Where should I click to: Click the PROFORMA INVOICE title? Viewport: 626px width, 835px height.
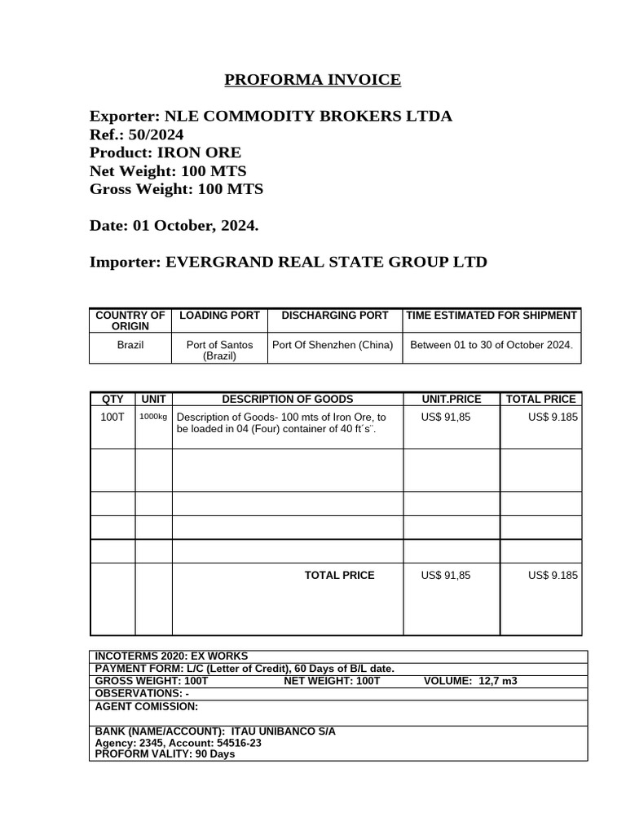click(312, 80)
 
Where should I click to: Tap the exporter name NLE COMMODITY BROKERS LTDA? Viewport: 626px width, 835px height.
click(308, 116)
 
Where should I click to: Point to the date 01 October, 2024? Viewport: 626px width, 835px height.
click(195, 226)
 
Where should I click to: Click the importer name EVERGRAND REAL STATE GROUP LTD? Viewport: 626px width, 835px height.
click(326, 262)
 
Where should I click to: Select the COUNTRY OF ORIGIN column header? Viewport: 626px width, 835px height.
click(130, 320)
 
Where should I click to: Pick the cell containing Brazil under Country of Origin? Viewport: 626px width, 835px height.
click(130, 345)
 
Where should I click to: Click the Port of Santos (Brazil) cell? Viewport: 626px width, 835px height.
click(219, 351)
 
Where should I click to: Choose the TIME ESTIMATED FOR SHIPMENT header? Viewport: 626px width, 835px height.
click(492, 315)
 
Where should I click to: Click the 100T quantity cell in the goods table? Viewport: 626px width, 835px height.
click(112, 417)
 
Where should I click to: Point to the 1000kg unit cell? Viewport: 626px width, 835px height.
click(153, 417)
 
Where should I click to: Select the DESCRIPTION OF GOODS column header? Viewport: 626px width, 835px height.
click(288, 399)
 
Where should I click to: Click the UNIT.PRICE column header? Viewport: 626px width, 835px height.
click(451, 399)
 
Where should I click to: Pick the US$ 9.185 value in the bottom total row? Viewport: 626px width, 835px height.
click(553, 575)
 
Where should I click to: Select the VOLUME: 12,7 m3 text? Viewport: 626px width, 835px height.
click(470, 681)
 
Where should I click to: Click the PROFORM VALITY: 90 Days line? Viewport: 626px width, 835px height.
click(165, 754)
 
